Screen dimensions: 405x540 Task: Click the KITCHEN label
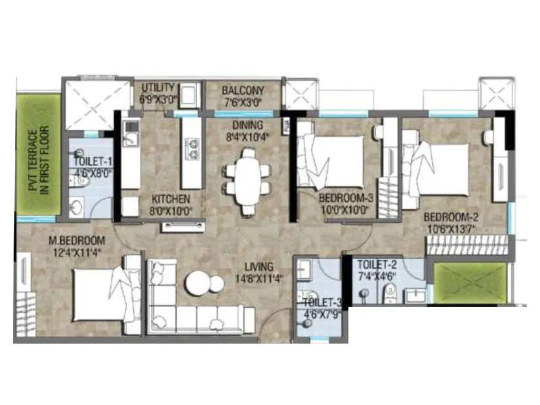171,200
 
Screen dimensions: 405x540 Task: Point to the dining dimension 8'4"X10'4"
244,137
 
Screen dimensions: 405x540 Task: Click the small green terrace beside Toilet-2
471,282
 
